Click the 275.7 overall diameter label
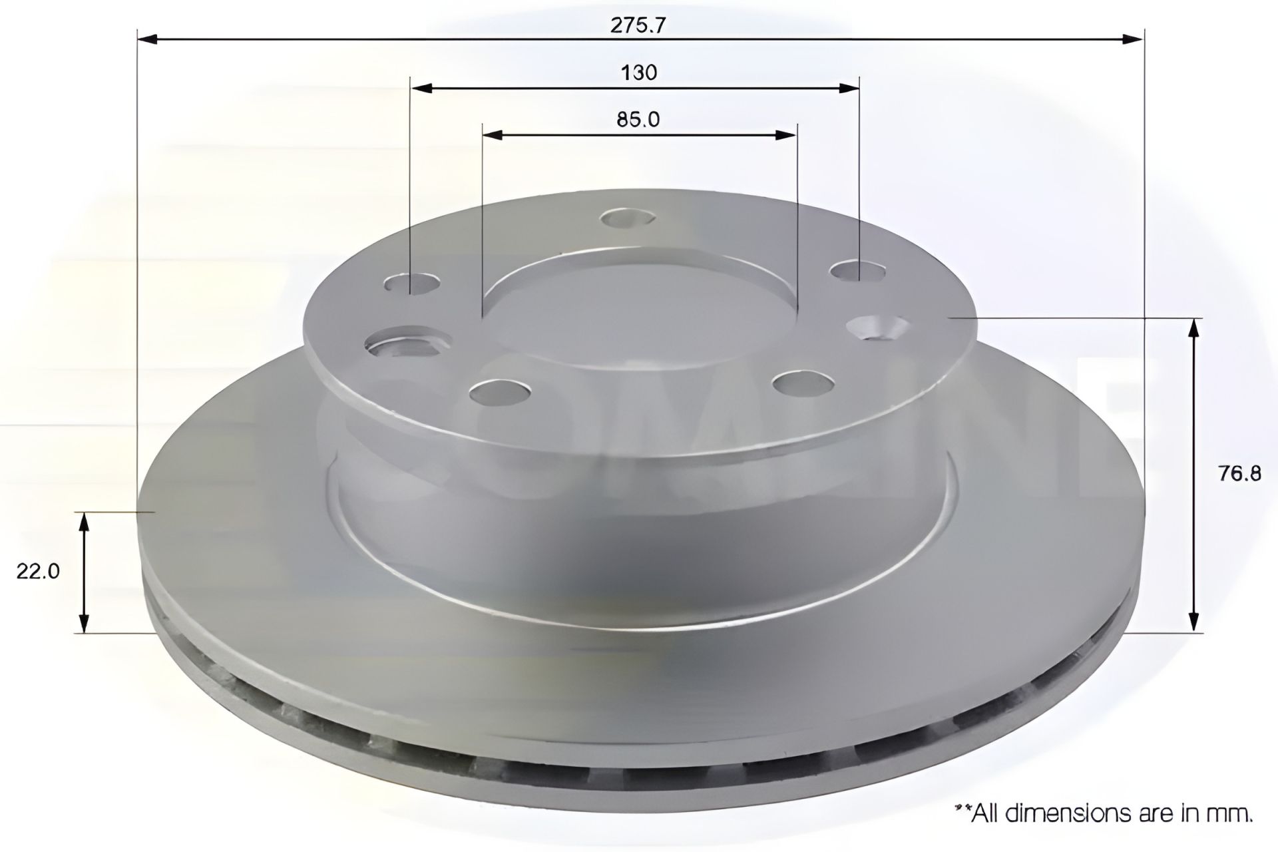[638, 25]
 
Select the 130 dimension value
[639, 72]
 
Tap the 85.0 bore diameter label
[638, 119]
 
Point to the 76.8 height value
[1239, 473]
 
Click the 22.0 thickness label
[38, 571]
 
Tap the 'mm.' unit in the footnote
[1235, 813]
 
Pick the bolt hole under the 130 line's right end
[858, 270]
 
